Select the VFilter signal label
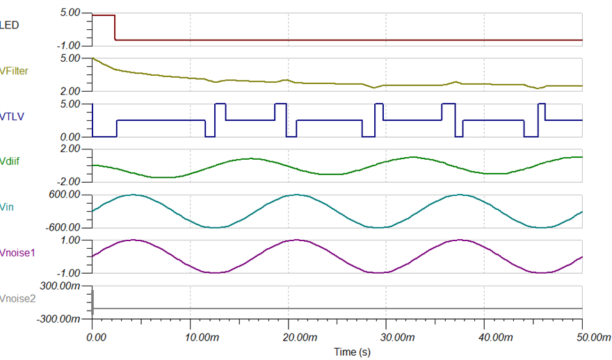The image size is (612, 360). (x=15, y=70)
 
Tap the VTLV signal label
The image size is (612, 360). (x=12, y=116)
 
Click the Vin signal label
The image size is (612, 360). (x=8, y=206)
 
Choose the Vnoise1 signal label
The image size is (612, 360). (x=17, y=252)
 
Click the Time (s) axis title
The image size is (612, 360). (x=352, y=352)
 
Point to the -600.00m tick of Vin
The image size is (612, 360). (x=64, y=228)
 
